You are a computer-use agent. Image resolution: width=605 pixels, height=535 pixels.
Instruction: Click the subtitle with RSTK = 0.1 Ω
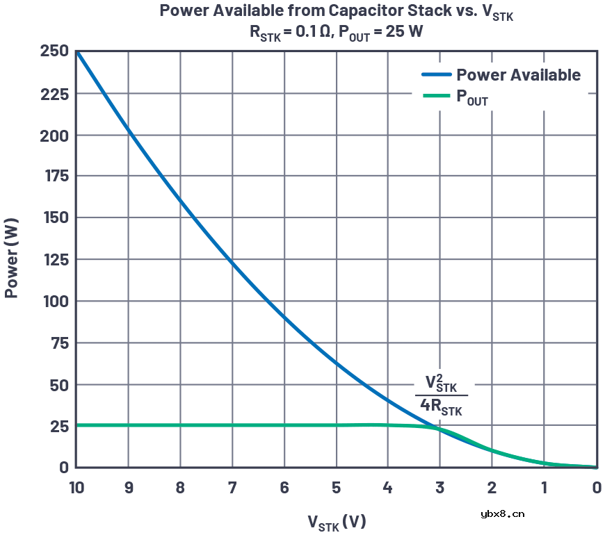337,32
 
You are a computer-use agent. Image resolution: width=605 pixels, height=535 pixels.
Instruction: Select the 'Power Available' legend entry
518,75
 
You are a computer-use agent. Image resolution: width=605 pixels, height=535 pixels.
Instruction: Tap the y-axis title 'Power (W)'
12,259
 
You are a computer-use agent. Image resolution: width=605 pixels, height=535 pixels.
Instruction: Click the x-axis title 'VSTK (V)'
337,522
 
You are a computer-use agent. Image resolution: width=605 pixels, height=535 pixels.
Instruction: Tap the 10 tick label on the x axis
76,488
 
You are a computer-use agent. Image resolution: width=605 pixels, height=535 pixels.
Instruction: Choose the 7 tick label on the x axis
232,488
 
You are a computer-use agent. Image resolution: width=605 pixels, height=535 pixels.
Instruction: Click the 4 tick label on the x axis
388,488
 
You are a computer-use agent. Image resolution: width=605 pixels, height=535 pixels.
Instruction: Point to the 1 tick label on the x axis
544,488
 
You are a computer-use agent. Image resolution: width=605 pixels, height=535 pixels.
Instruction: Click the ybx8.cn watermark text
502,514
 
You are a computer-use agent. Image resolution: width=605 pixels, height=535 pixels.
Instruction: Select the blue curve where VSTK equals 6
284,317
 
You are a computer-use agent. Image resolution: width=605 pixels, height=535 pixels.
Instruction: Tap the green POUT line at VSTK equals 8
181,425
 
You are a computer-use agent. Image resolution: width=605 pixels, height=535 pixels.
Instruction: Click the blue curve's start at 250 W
77,52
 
